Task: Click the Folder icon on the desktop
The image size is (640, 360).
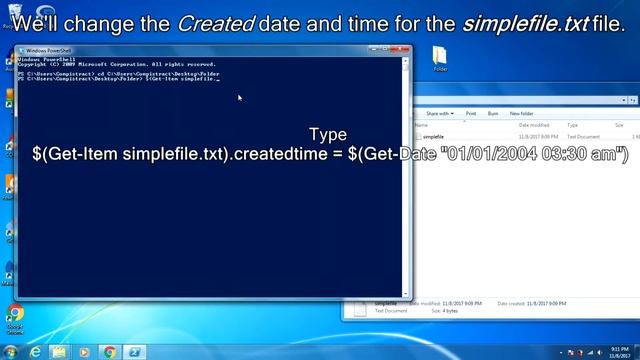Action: pyautogui.click(x=440, y=58)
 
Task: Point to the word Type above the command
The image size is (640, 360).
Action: pyautogui.click(x=328, y=134)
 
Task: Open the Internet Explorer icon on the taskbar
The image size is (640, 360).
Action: pyautogui.click(x=36, y=352)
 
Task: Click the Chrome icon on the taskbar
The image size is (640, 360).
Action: pyautogui.click(x=108, y=352)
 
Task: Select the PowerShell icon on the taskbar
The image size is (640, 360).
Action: pyautogui.click(x=133, y=352)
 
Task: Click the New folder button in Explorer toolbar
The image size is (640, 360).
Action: pyautogui.click(x=521, y=114)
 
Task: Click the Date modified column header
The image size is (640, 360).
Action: pyautogui.click(x=534, y=125)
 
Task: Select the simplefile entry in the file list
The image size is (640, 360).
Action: pyautogui.click(x=433, y=136)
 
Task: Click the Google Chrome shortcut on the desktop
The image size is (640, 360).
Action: pyautogui.click(x=15, y=318)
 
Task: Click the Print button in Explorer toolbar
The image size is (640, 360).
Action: pyautogui.click(x=471, y=114)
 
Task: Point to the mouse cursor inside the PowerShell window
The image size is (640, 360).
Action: pyautogui.click(x=240, y=97)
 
